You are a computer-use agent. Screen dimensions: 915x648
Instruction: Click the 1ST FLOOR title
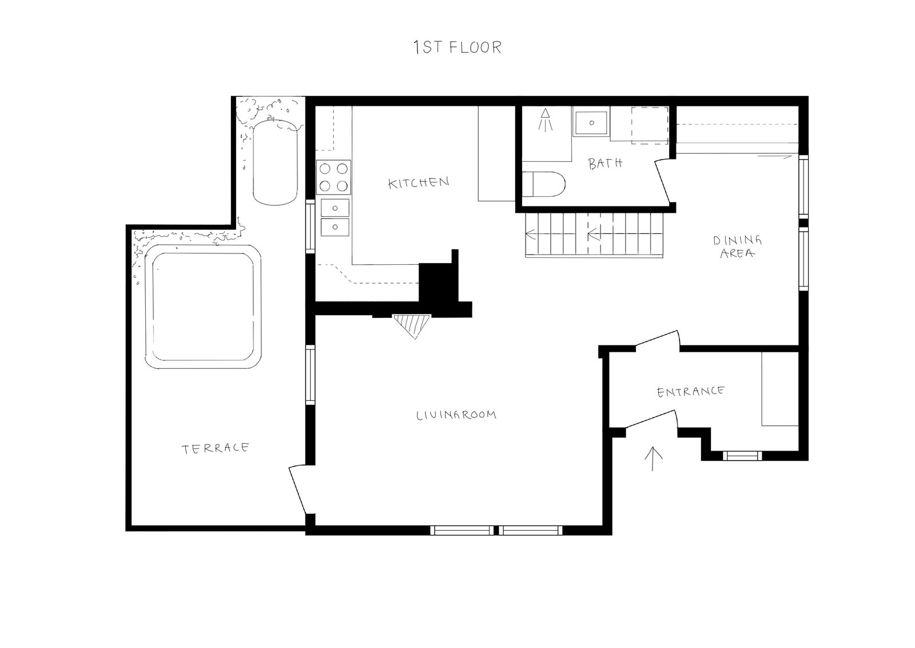pos(457,47)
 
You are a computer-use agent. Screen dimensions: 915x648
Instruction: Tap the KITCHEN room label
pos(418,182)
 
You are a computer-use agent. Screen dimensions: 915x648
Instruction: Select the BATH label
pos(606,164)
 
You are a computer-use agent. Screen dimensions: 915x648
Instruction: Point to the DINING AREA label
pos(737,247)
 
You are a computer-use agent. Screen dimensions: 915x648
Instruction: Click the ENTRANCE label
pos(691,392)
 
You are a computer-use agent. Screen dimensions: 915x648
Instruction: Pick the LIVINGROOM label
pos(456,415)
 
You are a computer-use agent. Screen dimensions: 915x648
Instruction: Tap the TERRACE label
pos(215,448)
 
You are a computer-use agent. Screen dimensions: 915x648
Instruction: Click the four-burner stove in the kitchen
pos(333,177)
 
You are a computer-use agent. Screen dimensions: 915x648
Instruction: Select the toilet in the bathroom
pos(544,184)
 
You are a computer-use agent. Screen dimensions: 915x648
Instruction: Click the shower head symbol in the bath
pos(546,120)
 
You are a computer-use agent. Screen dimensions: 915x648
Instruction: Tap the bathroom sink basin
pos(591,122)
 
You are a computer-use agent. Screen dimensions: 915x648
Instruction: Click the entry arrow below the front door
pos(653,459)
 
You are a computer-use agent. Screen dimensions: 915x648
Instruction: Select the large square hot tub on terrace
pos(204,307)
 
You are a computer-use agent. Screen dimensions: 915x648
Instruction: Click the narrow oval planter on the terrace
pos(275,162)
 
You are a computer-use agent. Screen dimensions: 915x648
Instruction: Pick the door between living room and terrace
pos(297,488)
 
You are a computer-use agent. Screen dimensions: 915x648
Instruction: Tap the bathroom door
pos(663,181)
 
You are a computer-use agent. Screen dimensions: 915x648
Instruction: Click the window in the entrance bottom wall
pos(742,456)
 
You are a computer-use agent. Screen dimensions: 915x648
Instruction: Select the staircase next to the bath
pos(594,235)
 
